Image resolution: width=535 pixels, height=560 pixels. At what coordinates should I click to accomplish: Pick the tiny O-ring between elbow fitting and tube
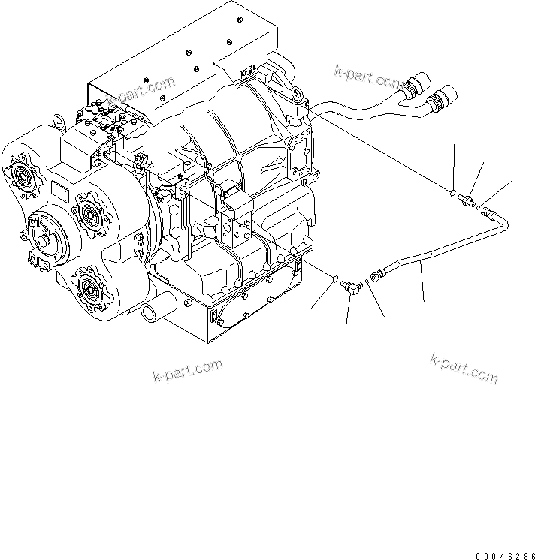pyautogui.click(x=365, y=282)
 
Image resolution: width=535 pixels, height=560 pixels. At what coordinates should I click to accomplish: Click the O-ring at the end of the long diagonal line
pyautogui.click(x=452, y=192)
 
